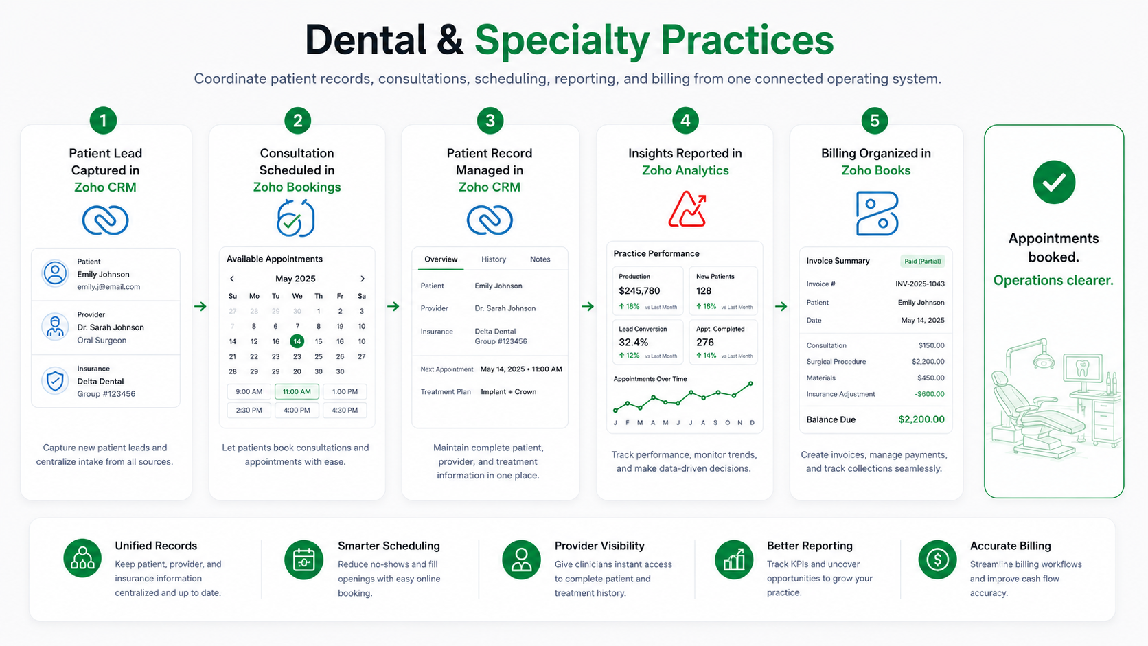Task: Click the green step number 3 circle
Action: click(x=490, y=120)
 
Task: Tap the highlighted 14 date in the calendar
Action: click(x=297, y=341)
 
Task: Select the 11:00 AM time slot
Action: click(x=297, y=391)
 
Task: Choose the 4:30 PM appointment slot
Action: click(x=345, y=410)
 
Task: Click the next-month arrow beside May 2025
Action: click(x=363, y=279)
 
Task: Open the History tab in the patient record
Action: click(x=494, y=259)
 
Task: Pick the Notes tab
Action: click(x=540, y=259)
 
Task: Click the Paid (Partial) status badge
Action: click(x=923, y=262)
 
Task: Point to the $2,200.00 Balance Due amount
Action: click(x=921, y=419)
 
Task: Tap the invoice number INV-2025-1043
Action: click(x=920, y=284)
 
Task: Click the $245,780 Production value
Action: click(x=639, y=290)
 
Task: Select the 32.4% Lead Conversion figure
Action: click(x=634, y=342)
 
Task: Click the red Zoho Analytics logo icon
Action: click(x=687, y=209)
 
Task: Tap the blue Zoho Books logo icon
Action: click(x=877, y=213)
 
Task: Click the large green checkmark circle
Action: click(x=1054, y=183)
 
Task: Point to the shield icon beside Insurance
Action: click(x=55, y=380)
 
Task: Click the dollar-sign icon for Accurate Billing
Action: click(x=937, y=560)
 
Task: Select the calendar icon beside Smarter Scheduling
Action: click(x=304, y=560)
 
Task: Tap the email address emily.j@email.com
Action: click(x=108, y=287)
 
